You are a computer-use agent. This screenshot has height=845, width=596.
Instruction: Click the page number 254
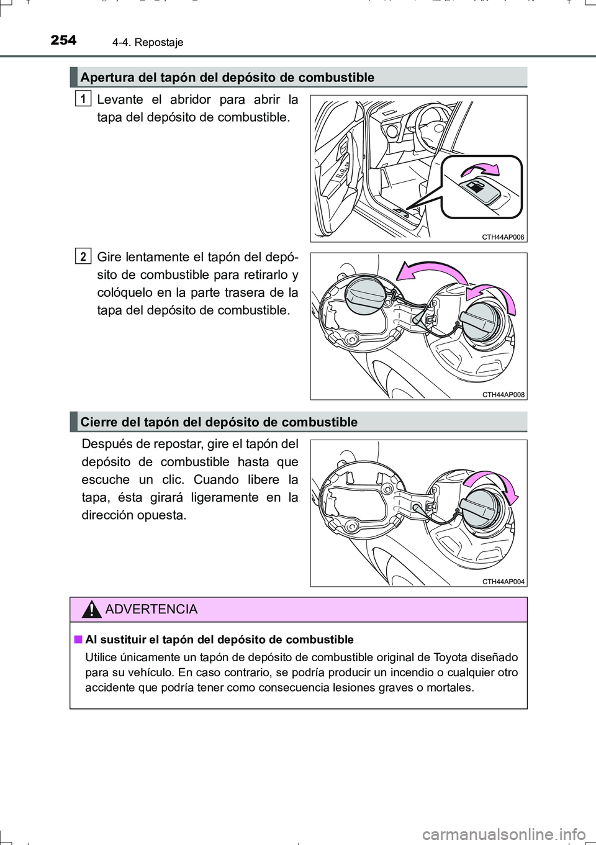63,40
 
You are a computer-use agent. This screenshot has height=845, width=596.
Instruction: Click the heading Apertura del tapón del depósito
227,78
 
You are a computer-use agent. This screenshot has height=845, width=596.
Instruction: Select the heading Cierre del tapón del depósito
219,422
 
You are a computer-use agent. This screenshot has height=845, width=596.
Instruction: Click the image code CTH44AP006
503,237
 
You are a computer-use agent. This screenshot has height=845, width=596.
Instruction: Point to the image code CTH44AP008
503,395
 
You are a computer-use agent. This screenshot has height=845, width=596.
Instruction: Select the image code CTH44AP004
503,582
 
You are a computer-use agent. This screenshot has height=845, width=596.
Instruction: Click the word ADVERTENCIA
151,610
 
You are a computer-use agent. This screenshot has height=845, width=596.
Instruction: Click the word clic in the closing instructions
204,480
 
